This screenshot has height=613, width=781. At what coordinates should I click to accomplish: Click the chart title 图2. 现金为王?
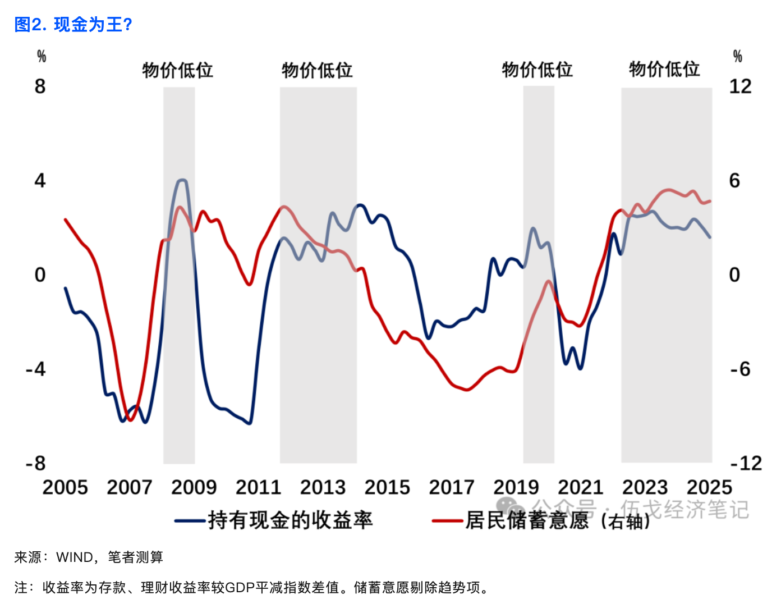pyautogui.click(x=73, y=25)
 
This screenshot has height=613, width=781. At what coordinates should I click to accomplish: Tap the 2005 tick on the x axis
pyautogui.click(x=65, y=487)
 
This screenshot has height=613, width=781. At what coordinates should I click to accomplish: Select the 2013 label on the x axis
pyautogui.click(x=323, y=487)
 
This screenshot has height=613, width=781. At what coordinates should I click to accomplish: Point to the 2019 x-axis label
pyautogui.click(x=516, y=487)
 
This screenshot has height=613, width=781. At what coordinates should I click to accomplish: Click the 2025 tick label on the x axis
pyautogui.click(x=709, y=487)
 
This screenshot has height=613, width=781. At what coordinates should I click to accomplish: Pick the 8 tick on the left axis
pyautogui.click(x=40, y=86)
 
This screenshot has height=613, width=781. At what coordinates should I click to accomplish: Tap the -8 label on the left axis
pyautogui.click(x=36, y=464)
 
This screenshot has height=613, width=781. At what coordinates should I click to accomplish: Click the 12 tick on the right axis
pyautogui.click(x=740, y=86)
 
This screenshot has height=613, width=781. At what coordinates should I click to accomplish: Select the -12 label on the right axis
pyautogui.click(x=746, y=464)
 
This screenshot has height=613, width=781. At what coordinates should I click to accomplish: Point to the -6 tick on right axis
pyautogui.click(x=740, y=369)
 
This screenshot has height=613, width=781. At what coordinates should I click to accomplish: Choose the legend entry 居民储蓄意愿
pyautogui.click(x=527, y=520)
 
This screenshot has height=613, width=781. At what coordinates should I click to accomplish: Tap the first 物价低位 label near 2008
pyautogui.click(x=178, y=70)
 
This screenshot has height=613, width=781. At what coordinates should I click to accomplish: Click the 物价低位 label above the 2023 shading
pyautogui.click(x=664, y=70)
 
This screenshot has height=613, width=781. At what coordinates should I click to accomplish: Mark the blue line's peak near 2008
pyautogui.click(x=181, y=180)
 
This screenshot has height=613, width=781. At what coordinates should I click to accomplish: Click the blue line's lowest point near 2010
pyautogui.click(x=250, y=423)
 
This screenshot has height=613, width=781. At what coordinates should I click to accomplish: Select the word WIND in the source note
pyautogui.click(x=75, y=557)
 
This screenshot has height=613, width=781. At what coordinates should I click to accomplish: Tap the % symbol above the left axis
pyautogui.click(x=42, y=56)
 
